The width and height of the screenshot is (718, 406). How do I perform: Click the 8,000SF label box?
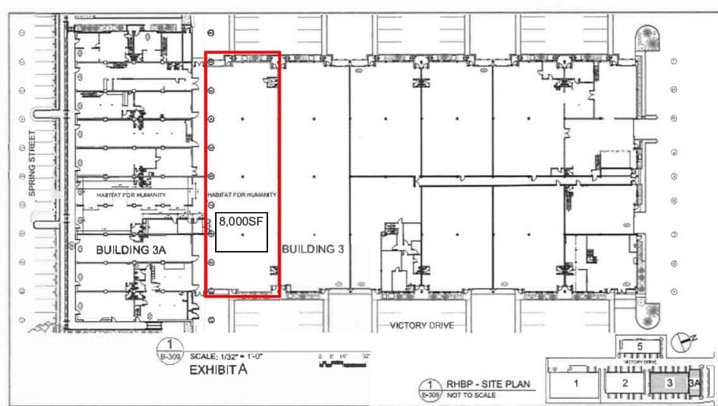[x=241, y=232]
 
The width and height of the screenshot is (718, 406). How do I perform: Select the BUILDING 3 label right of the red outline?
[x=313, y=249]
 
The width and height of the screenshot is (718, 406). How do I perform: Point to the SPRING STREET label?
[x=32, y=163]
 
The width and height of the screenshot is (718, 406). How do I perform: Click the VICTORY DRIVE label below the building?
[x=421, y=325]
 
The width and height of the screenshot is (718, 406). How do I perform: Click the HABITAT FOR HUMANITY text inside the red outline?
[x=242, y=195]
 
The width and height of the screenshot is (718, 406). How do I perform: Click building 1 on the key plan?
[x=576, y=383]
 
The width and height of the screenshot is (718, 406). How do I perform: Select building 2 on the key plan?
[x=625, y=383]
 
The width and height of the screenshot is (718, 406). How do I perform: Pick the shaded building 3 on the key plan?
[x=671, y=383]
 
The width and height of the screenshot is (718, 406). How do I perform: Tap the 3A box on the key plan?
[x=696, y=383]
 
